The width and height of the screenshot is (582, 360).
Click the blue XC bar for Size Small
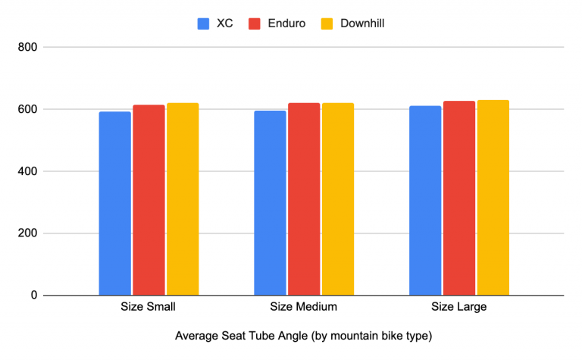tap(114, 203)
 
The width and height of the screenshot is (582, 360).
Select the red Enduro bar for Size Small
tap(149, 200)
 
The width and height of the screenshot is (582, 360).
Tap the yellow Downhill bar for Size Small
tap(183, 199)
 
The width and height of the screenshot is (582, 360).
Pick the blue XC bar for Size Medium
tap(270, 202)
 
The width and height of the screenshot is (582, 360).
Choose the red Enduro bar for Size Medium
tap(304, 199)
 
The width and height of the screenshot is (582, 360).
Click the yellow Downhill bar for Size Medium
tap(338, 199)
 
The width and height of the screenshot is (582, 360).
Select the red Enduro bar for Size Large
tap(459, 198)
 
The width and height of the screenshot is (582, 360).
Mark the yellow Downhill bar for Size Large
tap(493, 197)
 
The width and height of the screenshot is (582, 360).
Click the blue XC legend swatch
tap(203, 23)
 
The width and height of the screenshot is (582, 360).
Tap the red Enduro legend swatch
tap(255, 23)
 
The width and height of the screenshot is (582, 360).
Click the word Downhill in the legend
tap(362, 23)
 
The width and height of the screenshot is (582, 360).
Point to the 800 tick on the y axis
tap(28, 47)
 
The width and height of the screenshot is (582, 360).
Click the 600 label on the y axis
tap(28, 109)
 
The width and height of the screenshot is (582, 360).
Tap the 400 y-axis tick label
tap(28, 171)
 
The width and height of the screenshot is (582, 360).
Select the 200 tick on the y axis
tap(28, 233)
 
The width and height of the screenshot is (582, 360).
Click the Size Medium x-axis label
tap(303, 308)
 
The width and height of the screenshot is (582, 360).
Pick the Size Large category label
tap(458, 308)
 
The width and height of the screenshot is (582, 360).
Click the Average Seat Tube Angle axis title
tap(303, 335)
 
